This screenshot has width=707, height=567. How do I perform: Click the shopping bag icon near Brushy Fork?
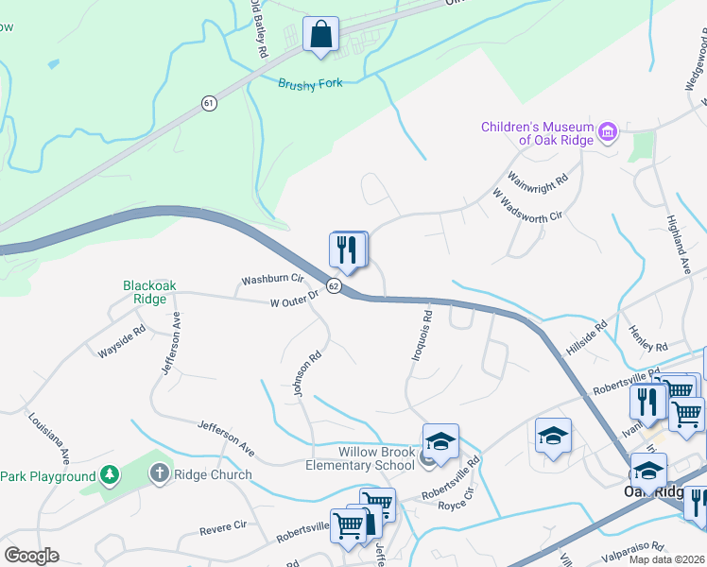[x=321, y=34]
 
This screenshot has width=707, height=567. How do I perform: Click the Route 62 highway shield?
[x=334, y=284]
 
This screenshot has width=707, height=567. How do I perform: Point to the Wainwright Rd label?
[x=538, y=178]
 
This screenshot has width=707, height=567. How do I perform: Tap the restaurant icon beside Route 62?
[x=346, y=249]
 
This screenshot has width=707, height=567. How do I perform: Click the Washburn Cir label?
[x=271, y=280]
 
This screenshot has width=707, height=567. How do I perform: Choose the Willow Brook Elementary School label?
[x=360, y=458]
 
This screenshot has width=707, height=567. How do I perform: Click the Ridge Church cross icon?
[x=159, y=474]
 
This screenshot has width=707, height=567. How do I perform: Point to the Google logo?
[x=31, y=555]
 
